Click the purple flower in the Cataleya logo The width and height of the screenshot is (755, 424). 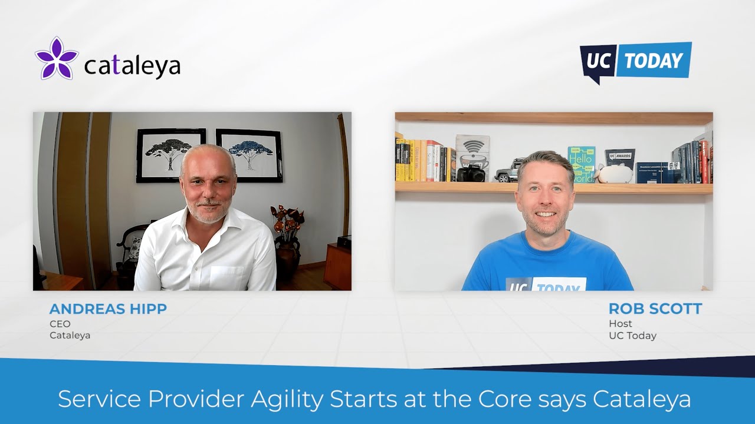click(57, 58)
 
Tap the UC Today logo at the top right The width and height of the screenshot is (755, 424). click(636, 61)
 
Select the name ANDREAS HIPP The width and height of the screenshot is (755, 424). click(108, 309)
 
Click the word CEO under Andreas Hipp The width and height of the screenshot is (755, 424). click(60, 324)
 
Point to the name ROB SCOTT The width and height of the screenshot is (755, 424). click(655, 309)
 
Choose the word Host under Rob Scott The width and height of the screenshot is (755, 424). click(621, 323)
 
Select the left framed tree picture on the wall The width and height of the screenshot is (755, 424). click(171, 155)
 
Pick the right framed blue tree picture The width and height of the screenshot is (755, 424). click(249, 155)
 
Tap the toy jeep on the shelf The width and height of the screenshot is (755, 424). click(507, 171)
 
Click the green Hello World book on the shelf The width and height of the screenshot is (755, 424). click(581, 163)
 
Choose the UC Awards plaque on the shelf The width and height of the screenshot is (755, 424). click(619, 158)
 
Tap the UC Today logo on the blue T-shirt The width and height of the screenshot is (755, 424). click(546, 284)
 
